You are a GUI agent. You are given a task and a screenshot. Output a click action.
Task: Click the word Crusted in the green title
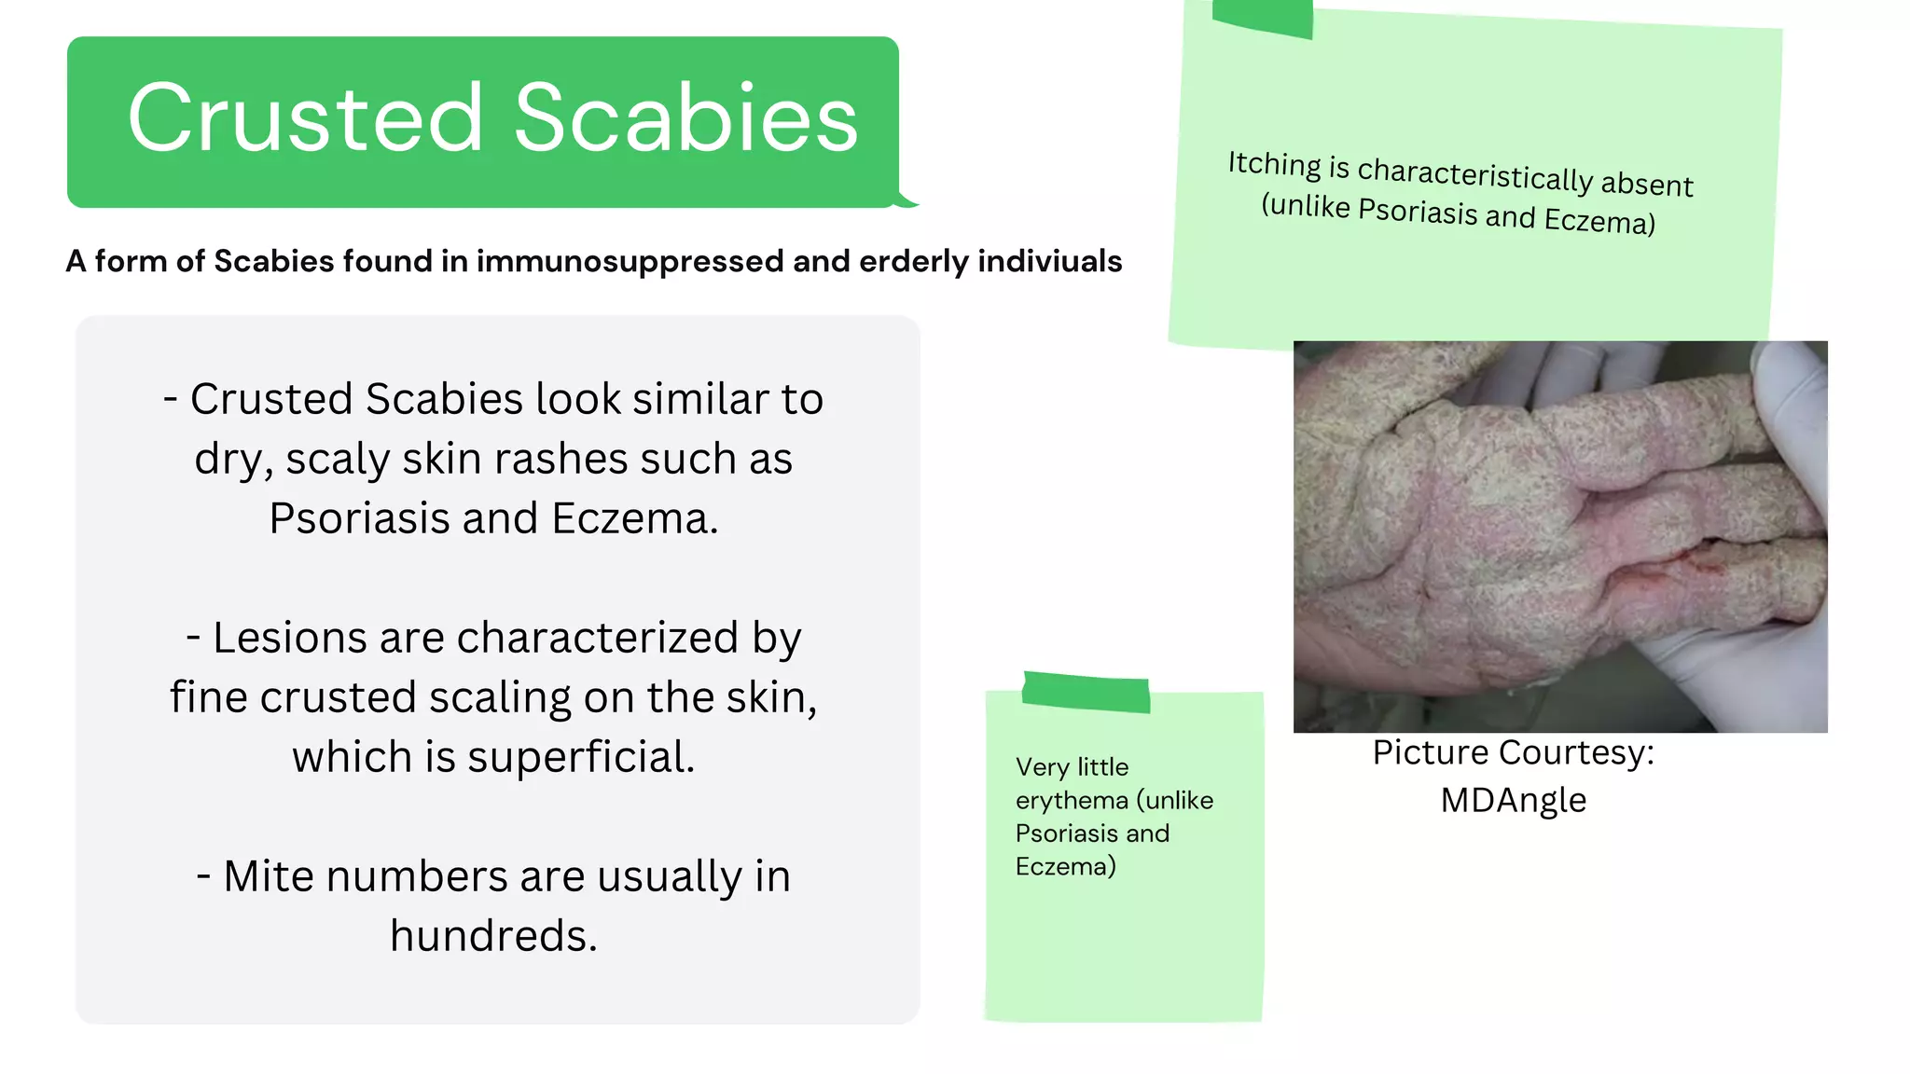(x=305, y=118)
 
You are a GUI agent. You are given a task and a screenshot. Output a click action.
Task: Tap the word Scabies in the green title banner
(x=685, y=118)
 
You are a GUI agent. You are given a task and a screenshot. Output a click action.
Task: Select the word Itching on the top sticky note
(x=1274, y=164)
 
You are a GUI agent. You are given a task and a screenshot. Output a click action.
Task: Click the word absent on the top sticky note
(x=1646, y=184)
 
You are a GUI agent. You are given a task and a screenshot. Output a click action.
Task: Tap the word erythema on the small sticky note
(x=1072, y=800)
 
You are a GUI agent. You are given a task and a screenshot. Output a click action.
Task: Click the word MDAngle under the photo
(x=1513, y=800)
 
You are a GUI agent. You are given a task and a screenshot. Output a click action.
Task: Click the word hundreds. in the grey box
(x=493, y=935)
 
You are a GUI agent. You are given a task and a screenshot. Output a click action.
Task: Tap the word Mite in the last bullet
(x=268, y=876)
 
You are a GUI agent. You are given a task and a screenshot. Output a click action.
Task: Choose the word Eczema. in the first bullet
(x=635, y=518)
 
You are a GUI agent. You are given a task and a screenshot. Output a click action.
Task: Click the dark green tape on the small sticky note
(x=1086, y=693)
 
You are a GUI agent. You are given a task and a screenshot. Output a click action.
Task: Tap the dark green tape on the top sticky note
(x=1263, y=17)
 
